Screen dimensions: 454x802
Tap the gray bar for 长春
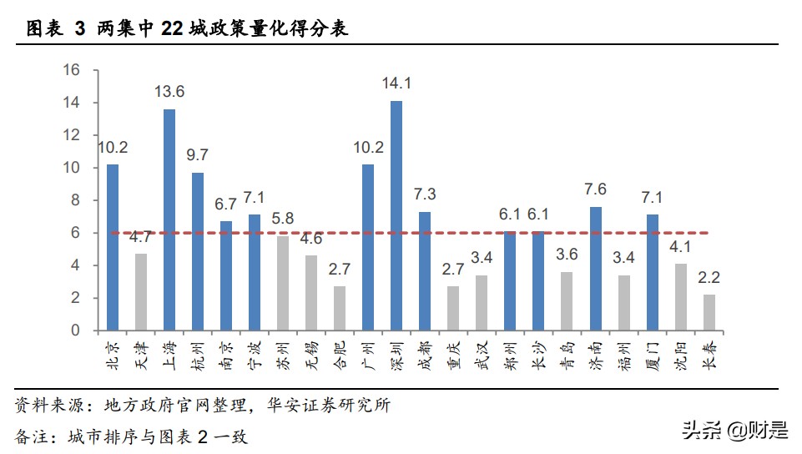709,312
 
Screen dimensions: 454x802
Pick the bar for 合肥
340,308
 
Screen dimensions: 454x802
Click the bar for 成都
425,270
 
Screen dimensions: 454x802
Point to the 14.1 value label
396,83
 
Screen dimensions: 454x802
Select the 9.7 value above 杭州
198,155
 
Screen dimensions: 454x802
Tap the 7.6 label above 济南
595,189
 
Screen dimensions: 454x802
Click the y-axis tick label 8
75,200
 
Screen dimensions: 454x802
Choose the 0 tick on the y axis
75,330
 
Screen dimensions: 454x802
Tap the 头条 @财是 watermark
734,431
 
